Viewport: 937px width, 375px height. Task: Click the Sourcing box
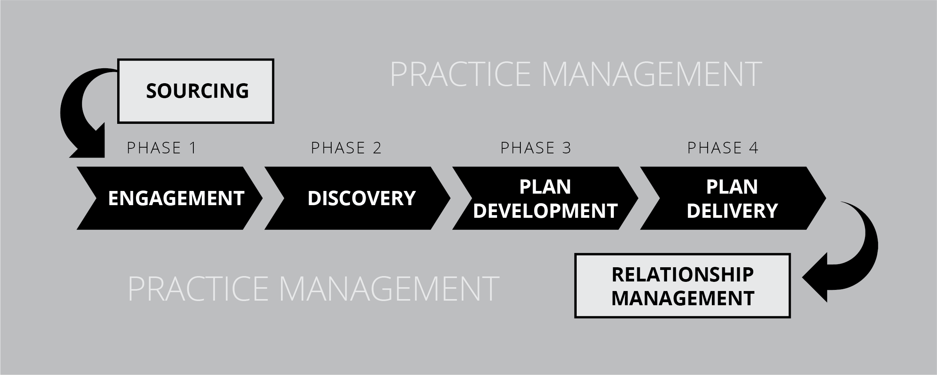(x=195, y=91)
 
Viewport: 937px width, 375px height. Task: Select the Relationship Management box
(x=682, y=286)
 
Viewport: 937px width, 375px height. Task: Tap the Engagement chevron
(x=170, y=198)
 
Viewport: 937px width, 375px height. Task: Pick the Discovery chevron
(x=357, y=198)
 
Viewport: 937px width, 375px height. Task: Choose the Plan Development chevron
(x=545, y=198)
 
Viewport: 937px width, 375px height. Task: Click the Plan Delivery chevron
(x=733, y=198)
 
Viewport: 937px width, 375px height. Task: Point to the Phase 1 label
(x=162, y=148)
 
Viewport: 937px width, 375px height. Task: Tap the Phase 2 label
(x=346, y=148)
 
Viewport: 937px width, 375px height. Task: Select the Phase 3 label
(x=536, y=148)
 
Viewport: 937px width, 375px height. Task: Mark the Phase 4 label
(x=723, y=148)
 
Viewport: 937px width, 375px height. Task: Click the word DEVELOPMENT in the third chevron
(x=545, y=211)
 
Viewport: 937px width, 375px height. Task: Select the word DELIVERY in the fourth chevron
(x=732, y=211)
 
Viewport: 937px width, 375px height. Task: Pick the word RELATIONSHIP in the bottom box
(x=683, y=275)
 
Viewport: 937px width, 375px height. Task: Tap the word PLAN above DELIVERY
(x=732, y=187)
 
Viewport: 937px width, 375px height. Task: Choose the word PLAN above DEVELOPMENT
(x=545, y=187)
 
